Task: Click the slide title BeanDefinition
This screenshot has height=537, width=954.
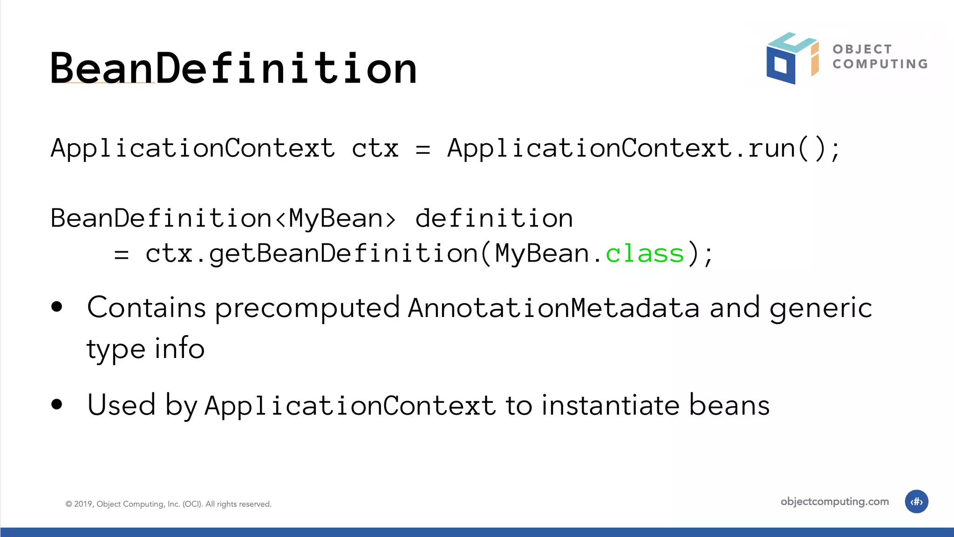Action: (233, 69)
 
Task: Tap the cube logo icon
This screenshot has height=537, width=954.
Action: (792, 58)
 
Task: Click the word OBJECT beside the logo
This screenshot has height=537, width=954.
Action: (862, 49)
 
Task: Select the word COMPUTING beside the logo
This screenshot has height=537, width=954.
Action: (880, 64)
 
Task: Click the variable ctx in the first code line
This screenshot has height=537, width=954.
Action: (375, 149)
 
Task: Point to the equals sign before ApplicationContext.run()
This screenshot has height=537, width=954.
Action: (422, 150)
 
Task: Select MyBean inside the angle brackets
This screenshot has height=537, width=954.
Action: (335, 219)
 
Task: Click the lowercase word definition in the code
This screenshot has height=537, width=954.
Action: (494, 219)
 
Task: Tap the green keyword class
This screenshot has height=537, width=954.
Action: (644, 254)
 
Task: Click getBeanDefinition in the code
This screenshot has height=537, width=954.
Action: (343, 254)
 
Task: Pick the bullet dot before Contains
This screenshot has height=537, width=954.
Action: (57, 307)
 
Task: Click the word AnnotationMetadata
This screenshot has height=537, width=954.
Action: (554, 308)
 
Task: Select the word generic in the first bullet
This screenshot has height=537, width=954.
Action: (820, 308)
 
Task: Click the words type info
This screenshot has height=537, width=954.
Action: (145, 349)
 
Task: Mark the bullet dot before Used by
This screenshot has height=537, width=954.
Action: (57, 404)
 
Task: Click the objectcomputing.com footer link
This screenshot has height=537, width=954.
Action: (834, 502)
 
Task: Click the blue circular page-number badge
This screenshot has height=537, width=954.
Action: (916, 502)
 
